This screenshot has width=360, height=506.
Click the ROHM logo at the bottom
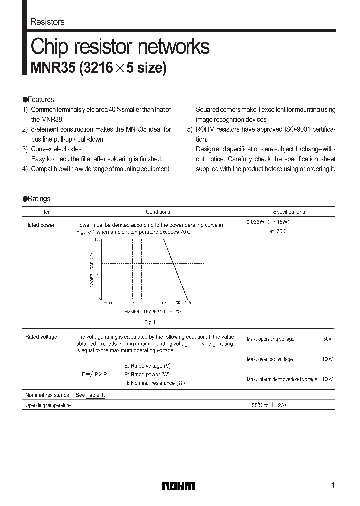(178, 486)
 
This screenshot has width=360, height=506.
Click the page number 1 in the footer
(332, 485)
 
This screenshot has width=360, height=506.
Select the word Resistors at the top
(47, 22)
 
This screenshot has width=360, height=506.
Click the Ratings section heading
(39, 199)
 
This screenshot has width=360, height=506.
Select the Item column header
(47, 212)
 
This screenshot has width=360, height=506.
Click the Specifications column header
(289, 212)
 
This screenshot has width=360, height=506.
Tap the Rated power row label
(40, 225)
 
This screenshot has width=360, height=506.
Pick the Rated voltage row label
(41, 337)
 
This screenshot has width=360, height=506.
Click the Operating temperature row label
(48, 405)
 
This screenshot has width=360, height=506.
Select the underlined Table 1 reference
(96, 395)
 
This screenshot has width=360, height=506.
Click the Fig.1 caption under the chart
(151, 322)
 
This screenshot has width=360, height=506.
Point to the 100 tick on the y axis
(97, 240)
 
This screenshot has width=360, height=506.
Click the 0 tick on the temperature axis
(133, 303)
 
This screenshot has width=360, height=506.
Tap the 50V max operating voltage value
(327, 339)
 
